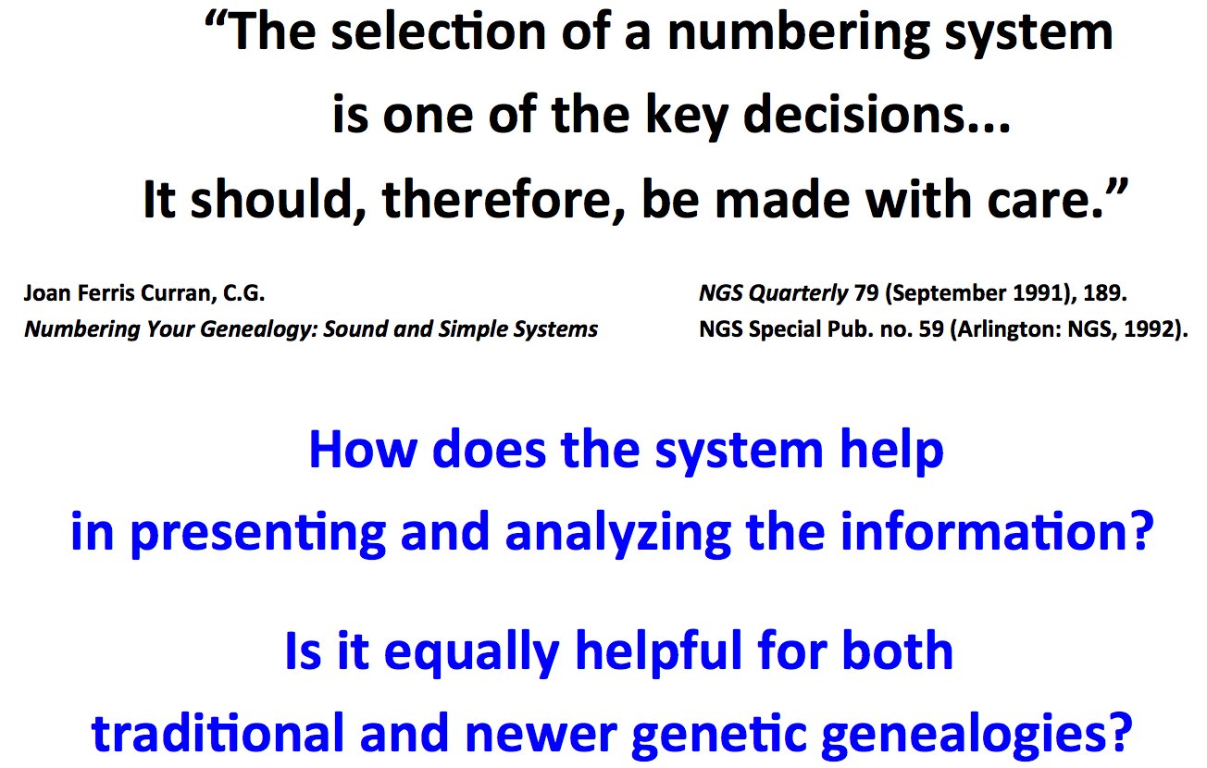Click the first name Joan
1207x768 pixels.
(47, 293)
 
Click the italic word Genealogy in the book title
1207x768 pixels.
(258, 329)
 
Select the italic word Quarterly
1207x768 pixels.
(798, 293)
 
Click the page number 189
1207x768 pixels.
(1104, 293)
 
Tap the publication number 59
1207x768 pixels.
(931, 329)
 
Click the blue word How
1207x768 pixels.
(363, 450)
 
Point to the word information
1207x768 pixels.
(998, 530)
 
